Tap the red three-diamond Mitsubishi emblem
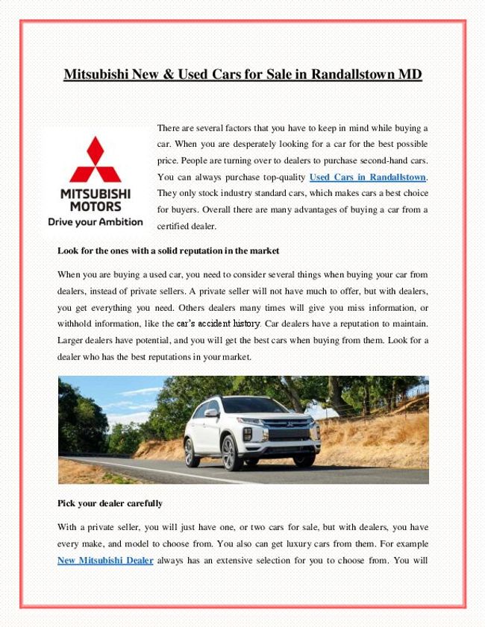coord(95,160)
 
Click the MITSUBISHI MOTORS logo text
coord(95,199)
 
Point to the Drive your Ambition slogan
coord(95,221)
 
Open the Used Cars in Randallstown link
coord(367,177)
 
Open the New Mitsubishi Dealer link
coord(105,560)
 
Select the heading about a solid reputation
coord(168,250)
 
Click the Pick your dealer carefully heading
coord(111,503)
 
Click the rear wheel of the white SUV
coord(192,452)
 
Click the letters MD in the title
coord(411,75)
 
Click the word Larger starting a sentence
coord(73,340)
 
